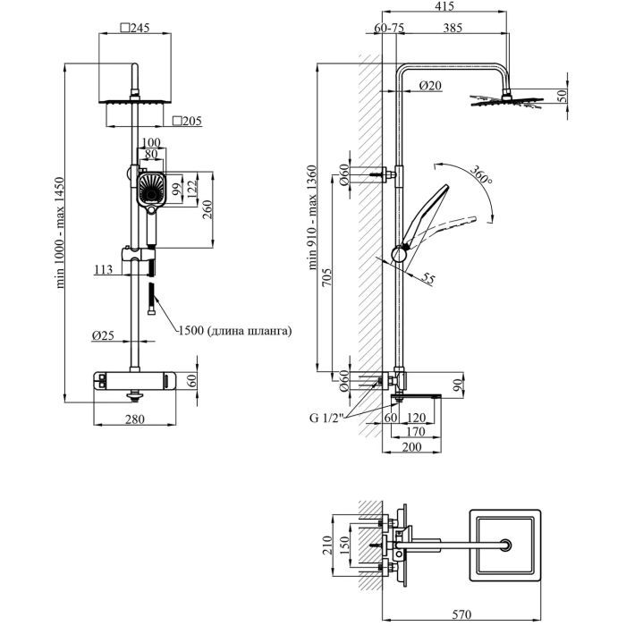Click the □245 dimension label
pyautogui.click(x=134, y=28)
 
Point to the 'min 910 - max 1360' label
pyautogui.click(x=313, y=217)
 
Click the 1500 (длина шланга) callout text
pyautogui.click(x=235, y=331)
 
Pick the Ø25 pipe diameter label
pyautogui.click(x=103, y=335)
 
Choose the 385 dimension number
pyautogui.click(x=453, y=29)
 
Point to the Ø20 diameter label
pyautogui.click(x=431, y=85)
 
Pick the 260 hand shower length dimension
pyautogui.click(x=208, y=208)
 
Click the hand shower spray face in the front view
pyautogui.click(x=150, y=189)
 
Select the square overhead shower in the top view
pyautogui.click(x=507, y=545)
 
